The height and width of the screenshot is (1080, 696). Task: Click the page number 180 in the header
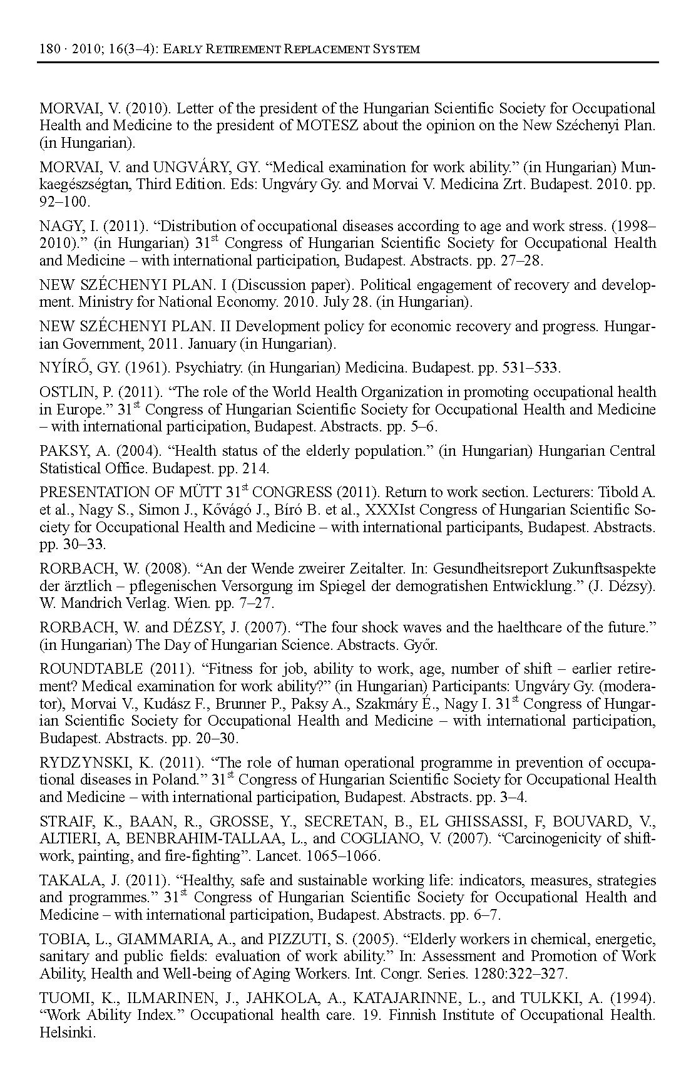tap(48, 49)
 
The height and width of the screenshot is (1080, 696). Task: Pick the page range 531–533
tap(531, 367)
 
